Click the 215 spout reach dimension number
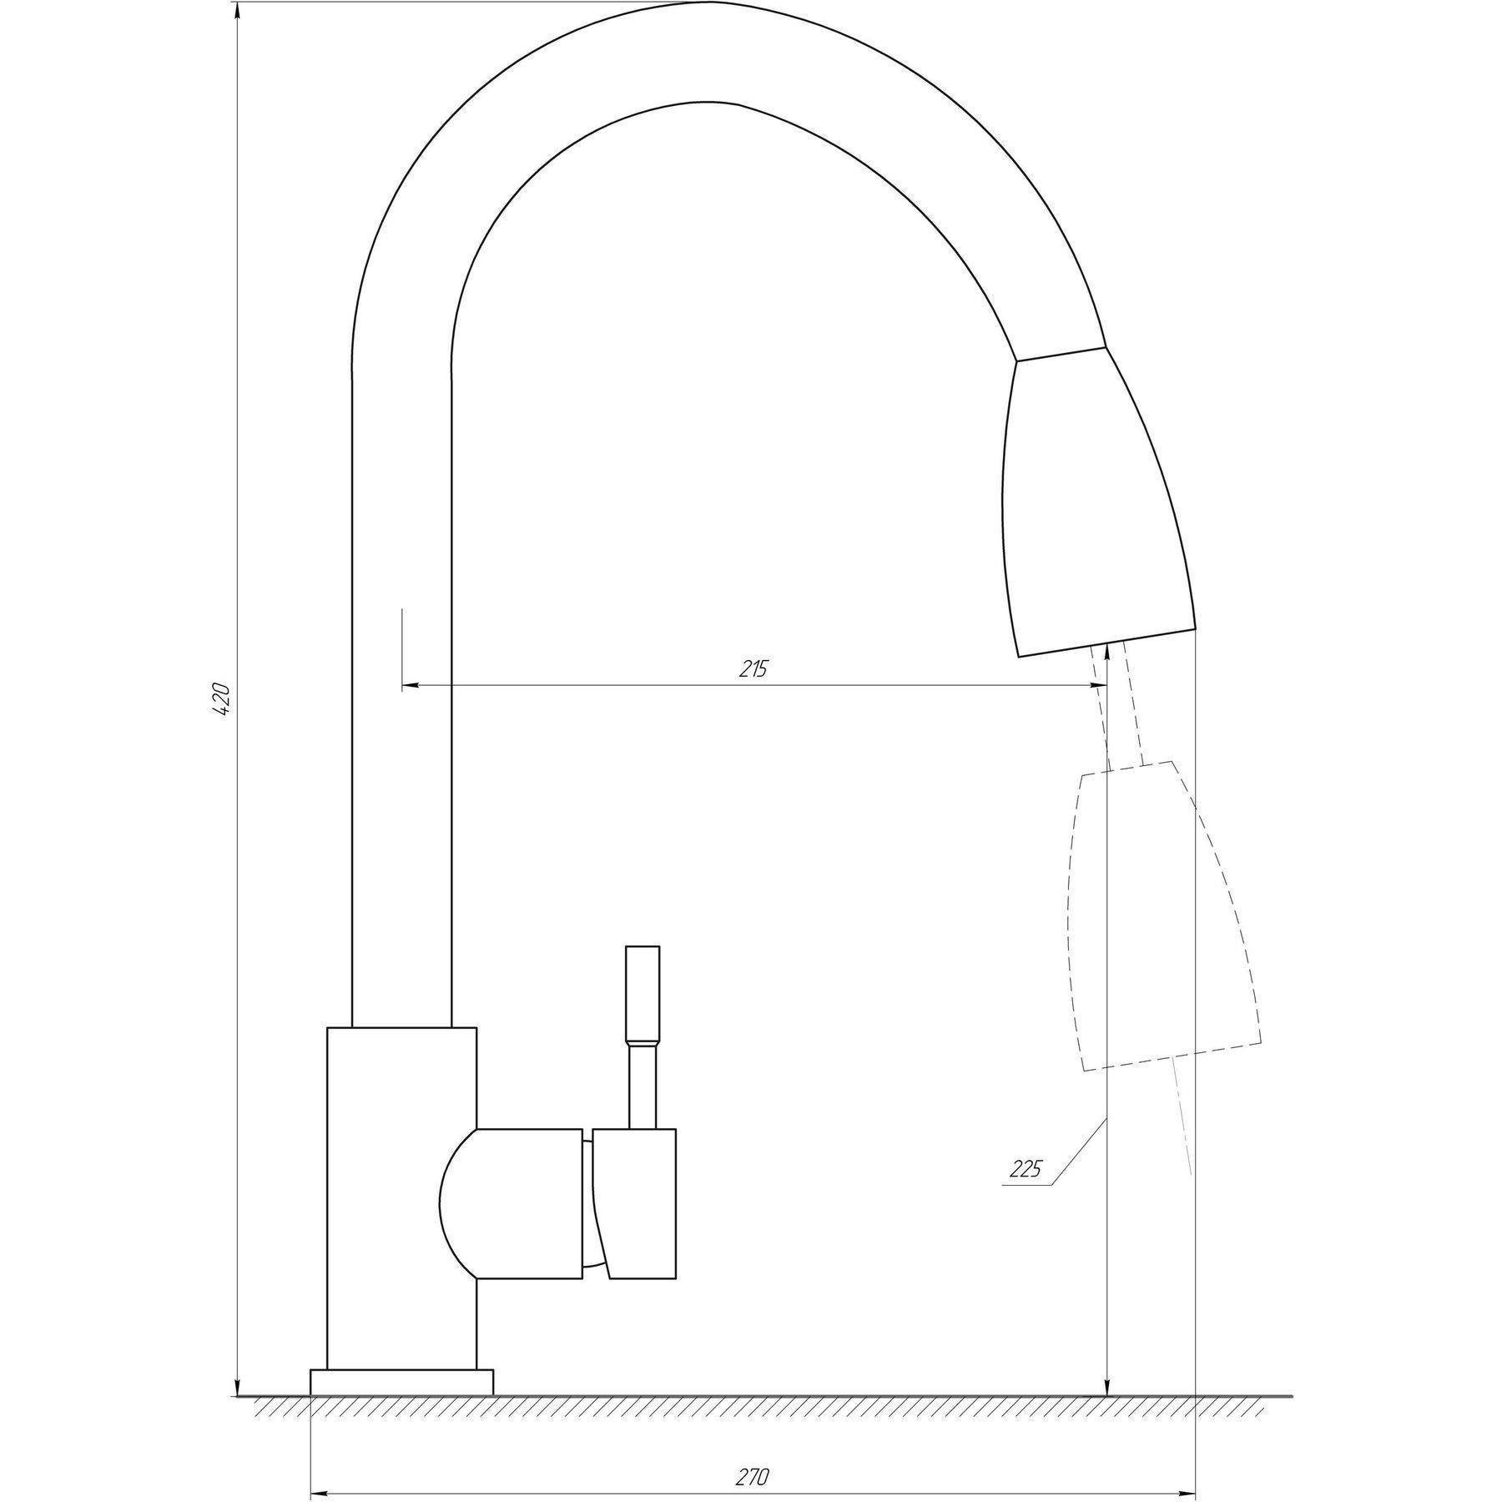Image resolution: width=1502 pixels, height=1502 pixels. click(754, 668)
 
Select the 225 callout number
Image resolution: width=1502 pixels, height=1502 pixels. click(1026, 1169)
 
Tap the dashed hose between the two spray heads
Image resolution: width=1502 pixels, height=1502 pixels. click(1118, 709)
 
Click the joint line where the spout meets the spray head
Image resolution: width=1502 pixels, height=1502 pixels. click(1061, 353)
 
